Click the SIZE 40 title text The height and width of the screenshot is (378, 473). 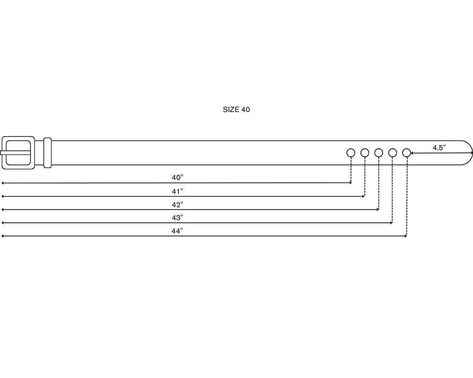coord(236,110)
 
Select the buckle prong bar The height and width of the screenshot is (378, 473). coord(15,153)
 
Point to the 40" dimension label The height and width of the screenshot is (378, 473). coord(177,178)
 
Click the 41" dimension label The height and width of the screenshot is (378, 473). coord(177,191)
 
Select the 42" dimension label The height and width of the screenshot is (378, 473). coord(177,205)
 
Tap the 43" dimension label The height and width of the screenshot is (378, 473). coord(177,218)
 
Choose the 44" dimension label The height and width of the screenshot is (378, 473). coord(177,231)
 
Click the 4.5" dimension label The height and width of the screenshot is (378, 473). coord(439,148)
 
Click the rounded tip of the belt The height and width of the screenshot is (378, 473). coord(472,153)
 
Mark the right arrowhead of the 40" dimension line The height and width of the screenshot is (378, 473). coord(350,183)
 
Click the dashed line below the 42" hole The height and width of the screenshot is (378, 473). coord(378,183)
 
